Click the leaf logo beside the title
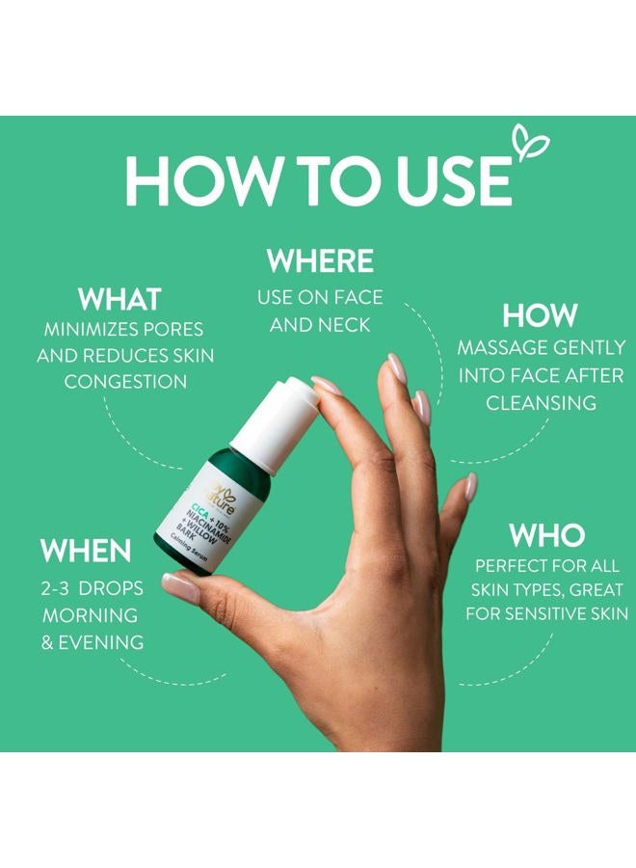click(530, 142)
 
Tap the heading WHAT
click(119, 300)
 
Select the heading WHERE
click(320, 260)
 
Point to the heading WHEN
click(85, 551)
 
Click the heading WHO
click(546, 535)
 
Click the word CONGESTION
click(125, 381)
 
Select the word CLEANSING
click(541, 402)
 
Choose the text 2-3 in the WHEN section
click(55, 588)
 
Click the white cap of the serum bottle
click(275, 422)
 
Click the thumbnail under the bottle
click(180, 588)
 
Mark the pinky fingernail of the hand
click(470, 486)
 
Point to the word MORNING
click(91, 615)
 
